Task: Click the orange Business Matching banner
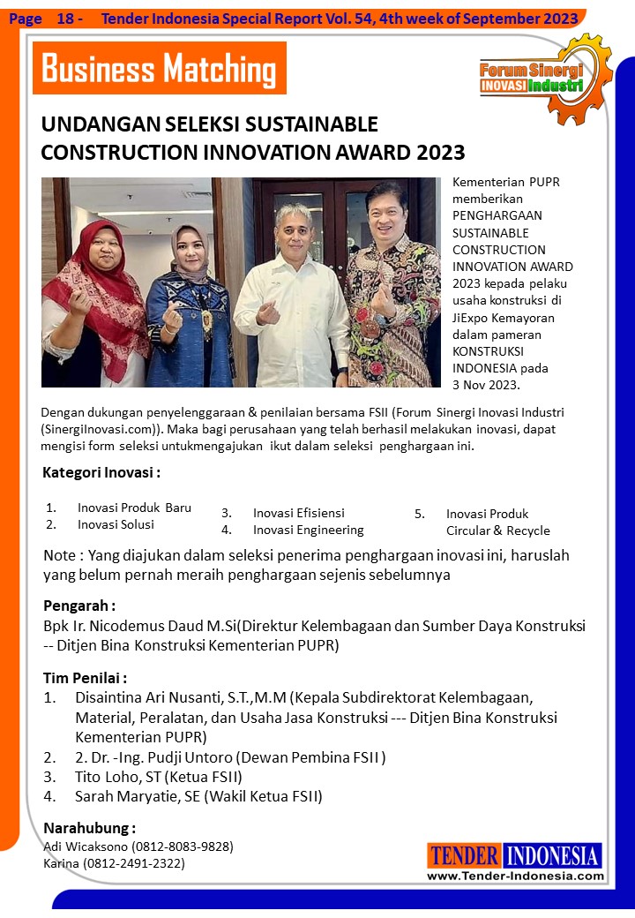[x=159, y=68]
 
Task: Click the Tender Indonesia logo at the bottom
[x=514, y=855]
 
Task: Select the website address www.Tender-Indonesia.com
[x=515, y=876]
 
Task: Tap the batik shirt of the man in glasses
[x=392, y=309]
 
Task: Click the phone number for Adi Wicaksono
[x=183, y=847]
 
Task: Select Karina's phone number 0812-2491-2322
[x=134, y=863]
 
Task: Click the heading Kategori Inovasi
[x=101, y=472]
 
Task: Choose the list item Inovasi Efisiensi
[x=298, y=513]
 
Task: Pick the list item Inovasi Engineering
[x=308, y=530]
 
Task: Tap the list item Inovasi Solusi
[x=116, y=524]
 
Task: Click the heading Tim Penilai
[x=86, y=678]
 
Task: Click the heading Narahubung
[x=89, y=828]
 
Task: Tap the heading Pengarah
[x=79, y=606]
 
